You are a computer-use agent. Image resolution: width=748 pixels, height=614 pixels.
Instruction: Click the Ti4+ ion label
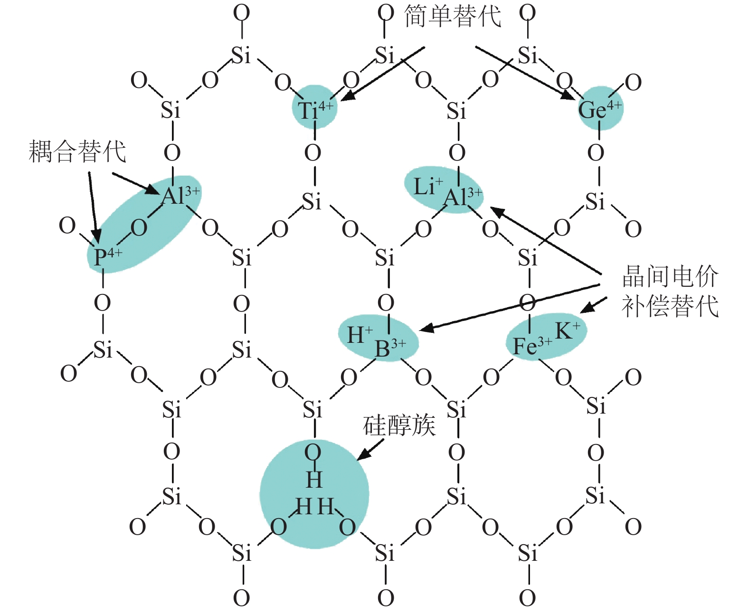(x=315, y=110)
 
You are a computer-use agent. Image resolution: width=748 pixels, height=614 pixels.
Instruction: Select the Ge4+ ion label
(x=600, y=109)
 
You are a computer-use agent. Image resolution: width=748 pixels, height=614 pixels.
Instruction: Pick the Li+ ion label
(x=428, y=186)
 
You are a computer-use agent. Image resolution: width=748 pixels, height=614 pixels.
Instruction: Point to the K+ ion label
(x=567, y=330)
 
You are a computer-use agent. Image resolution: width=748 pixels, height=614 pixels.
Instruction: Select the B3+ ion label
(x=390, y=348)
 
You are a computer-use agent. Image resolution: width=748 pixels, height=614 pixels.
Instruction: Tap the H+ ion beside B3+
(x=360, y=334)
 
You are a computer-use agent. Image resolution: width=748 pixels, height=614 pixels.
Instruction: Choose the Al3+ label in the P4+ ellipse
(x=180, y=195)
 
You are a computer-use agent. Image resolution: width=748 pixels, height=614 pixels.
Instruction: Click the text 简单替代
(x=453, y=16)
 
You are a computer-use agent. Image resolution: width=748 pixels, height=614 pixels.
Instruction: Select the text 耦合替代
(x=77, y=151)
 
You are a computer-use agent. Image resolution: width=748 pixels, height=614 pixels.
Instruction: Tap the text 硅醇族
(x=399, y=425)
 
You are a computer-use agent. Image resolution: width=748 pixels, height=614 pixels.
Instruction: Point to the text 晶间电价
(x=670, y=275)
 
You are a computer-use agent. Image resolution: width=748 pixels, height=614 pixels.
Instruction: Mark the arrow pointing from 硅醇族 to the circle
(x=369, y=450)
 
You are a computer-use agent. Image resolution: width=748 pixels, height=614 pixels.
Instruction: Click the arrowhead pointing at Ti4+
(x=347, y=96)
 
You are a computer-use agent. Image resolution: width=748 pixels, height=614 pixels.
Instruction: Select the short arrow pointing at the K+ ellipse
(x=593, y=305)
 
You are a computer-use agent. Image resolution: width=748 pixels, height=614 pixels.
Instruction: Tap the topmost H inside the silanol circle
(x=314, y=479)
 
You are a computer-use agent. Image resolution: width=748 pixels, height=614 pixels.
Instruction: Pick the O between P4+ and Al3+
(x=139, y=228)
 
